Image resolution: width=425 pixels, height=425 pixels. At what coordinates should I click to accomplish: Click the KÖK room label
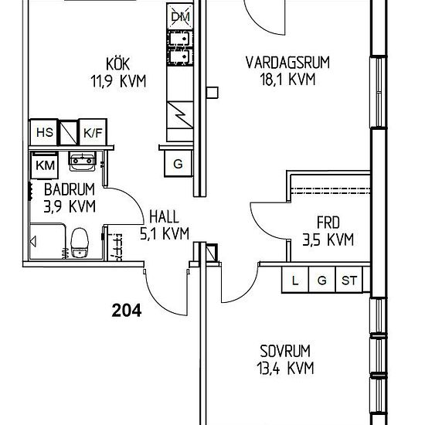(118, 63)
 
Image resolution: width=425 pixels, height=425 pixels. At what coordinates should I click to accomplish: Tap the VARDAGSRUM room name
(287, 63)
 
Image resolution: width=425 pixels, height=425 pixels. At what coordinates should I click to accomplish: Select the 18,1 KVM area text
(287, 80)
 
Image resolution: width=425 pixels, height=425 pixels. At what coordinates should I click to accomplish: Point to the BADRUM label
(70, 189)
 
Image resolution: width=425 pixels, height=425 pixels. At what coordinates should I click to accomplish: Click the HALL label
(165, 217)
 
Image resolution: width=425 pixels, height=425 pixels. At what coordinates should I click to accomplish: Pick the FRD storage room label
(328, 223)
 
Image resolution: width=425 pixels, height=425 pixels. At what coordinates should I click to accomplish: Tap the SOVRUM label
(285, 351)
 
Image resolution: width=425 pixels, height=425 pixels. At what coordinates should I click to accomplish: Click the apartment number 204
(127, 311)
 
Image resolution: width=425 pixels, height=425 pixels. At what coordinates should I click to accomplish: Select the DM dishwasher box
(180, 16)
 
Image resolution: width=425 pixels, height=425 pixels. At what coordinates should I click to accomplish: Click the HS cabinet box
(44, 132)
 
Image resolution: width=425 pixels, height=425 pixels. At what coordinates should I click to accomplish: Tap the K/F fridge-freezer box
(93, 132)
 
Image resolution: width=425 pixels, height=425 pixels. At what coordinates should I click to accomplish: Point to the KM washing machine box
(45, 165)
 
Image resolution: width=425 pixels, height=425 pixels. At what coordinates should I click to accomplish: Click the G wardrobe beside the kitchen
(178, 164)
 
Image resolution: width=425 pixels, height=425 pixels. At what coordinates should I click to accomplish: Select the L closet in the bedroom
(295, 280)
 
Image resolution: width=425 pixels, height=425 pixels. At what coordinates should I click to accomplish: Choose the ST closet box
(348, 280)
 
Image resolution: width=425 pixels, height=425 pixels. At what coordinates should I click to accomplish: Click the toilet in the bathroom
(80, 243)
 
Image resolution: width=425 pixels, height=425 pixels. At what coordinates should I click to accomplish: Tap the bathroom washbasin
(83, 161)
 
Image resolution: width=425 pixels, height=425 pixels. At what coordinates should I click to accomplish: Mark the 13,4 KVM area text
(285, 368)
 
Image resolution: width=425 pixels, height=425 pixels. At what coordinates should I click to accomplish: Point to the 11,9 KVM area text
(118, 81)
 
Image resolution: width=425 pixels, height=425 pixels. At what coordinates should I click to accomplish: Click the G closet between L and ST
(322, 280)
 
